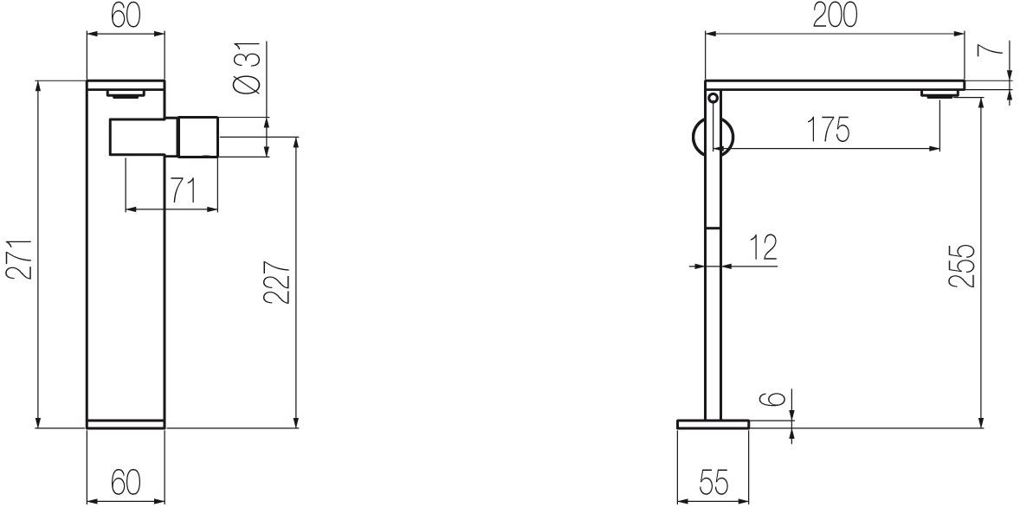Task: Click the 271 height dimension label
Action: [x=21, y=260]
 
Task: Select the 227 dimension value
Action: [x=277, y=282]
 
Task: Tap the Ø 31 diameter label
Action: [x=249, y=67]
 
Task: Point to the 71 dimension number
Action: [x=183, y=190]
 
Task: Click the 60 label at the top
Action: [x=126, y=16]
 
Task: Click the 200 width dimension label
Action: [x=835, y=16]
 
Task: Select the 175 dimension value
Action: [x=829, y=130]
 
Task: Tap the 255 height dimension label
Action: [x=961, y=265]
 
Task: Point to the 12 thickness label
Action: [x=762, y=247]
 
